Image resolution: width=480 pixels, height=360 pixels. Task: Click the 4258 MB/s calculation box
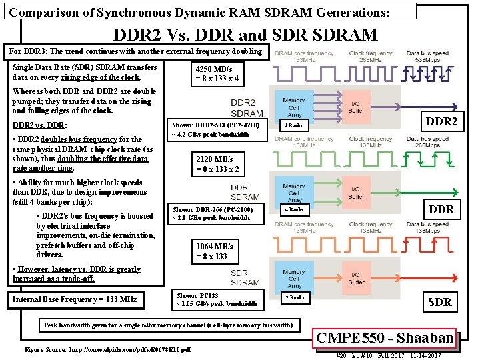[217, 73]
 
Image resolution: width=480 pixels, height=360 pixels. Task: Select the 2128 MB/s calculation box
[215, 163]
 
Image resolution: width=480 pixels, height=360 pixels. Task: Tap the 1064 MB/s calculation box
[215, 251]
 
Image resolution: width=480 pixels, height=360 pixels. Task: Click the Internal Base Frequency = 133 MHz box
[74, 300]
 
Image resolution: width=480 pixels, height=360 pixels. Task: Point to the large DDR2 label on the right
[441, 121]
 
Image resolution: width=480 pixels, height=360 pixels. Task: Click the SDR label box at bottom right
[439, 301]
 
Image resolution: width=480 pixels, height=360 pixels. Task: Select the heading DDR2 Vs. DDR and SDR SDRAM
[245, 35]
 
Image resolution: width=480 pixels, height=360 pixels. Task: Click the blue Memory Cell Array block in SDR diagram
[293, 276]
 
